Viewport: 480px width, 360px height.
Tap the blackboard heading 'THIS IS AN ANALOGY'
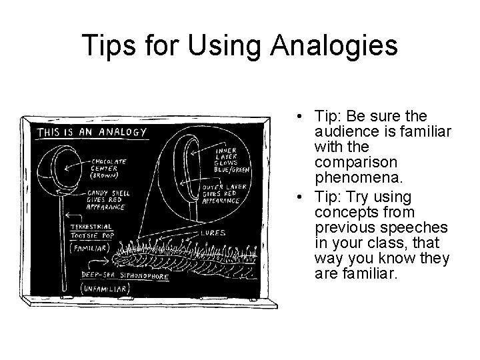[91, 131]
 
